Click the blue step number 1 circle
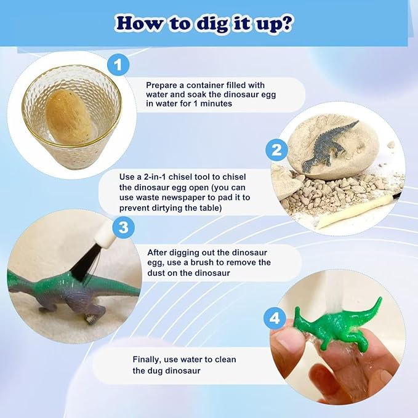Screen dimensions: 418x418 (118, 65)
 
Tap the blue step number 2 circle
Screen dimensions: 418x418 (276, 150)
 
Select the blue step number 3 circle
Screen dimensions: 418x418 (123, 228)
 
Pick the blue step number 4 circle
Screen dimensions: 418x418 (275, 318)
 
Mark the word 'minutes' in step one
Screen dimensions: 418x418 (216, 103)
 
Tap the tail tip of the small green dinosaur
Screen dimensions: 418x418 (380, 299)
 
